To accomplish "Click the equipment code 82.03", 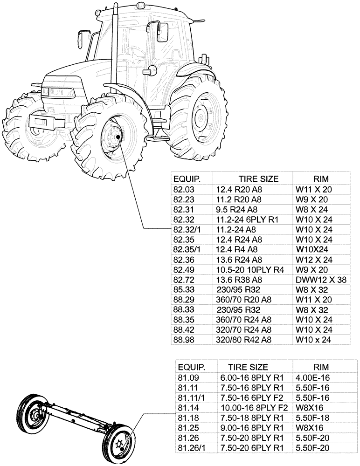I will (x=183, y=190).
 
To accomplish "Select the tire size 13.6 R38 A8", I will (x=239, y=280).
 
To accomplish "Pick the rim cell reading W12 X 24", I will (x=314, y=260).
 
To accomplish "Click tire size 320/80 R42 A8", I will (x=243, y=340).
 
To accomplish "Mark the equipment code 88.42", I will (x=183, y=329).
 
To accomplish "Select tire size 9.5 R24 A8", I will (x=236, y=210).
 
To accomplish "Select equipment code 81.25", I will (x=187, y=427).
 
